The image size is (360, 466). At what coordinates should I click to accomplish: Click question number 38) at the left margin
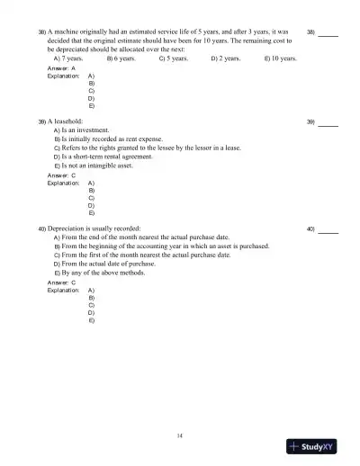click(x=41, y=31)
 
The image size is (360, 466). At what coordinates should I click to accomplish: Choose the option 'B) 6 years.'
click(x=121, y=57)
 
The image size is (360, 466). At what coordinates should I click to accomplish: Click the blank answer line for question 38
click(x=328, y=34)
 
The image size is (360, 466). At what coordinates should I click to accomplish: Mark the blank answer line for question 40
click(x=328, y=230)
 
